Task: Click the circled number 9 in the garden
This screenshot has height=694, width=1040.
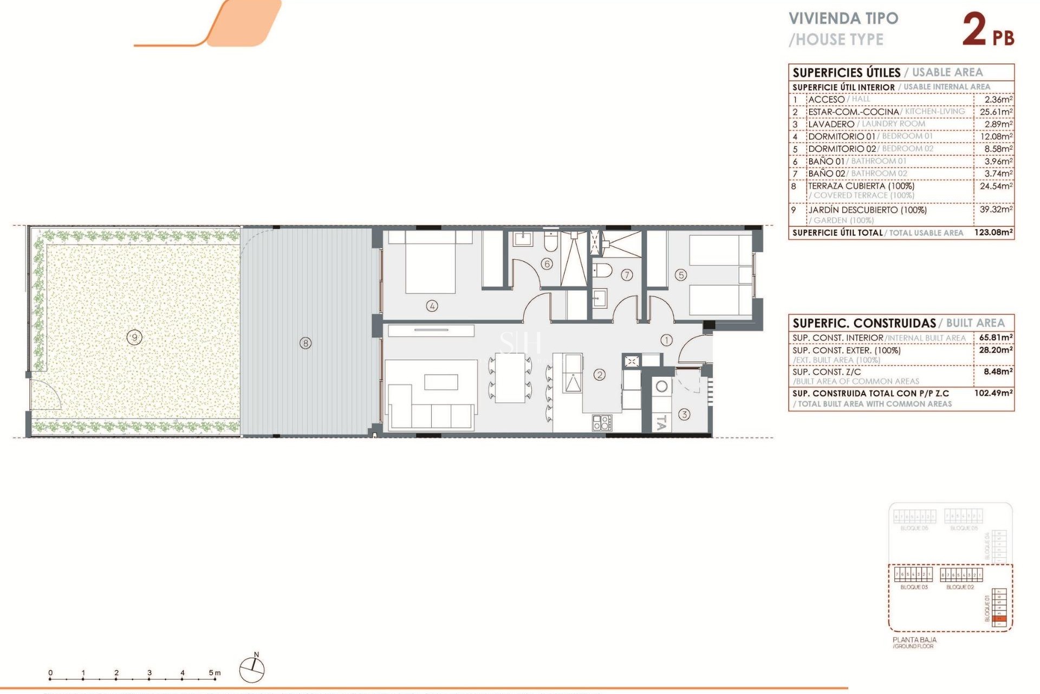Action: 134,338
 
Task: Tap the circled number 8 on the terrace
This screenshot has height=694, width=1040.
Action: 305,343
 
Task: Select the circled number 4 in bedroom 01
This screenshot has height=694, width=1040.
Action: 432,306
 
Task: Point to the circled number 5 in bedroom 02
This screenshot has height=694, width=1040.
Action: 681,275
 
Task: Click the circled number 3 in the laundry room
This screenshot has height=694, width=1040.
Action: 684,415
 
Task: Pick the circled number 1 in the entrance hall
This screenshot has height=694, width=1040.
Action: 666,340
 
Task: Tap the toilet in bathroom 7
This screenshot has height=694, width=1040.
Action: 603,269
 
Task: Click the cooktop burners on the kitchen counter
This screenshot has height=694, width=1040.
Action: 602,423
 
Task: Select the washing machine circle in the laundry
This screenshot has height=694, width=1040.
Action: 661,387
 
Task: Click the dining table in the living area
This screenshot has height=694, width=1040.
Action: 510,377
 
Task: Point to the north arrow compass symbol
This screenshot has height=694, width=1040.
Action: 252,669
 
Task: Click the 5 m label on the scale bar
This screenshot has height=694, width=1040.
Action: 214,673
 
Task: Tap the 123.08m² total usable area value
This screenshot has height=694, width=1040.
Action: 993,233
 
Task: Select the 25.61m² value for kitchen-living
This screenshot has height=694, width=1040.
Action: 996,112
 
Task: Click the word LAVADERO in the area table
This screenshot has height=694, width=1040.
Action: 831,124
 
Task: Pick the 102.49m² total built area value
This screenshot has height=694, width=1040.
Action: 993,393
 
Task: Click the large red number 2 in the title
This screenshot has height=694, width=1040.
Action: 974,29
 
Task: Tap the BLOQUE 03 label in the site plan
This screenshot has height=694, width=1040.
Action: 914,587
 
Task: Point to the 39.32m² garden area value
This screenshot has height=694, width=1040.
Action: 996,209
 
